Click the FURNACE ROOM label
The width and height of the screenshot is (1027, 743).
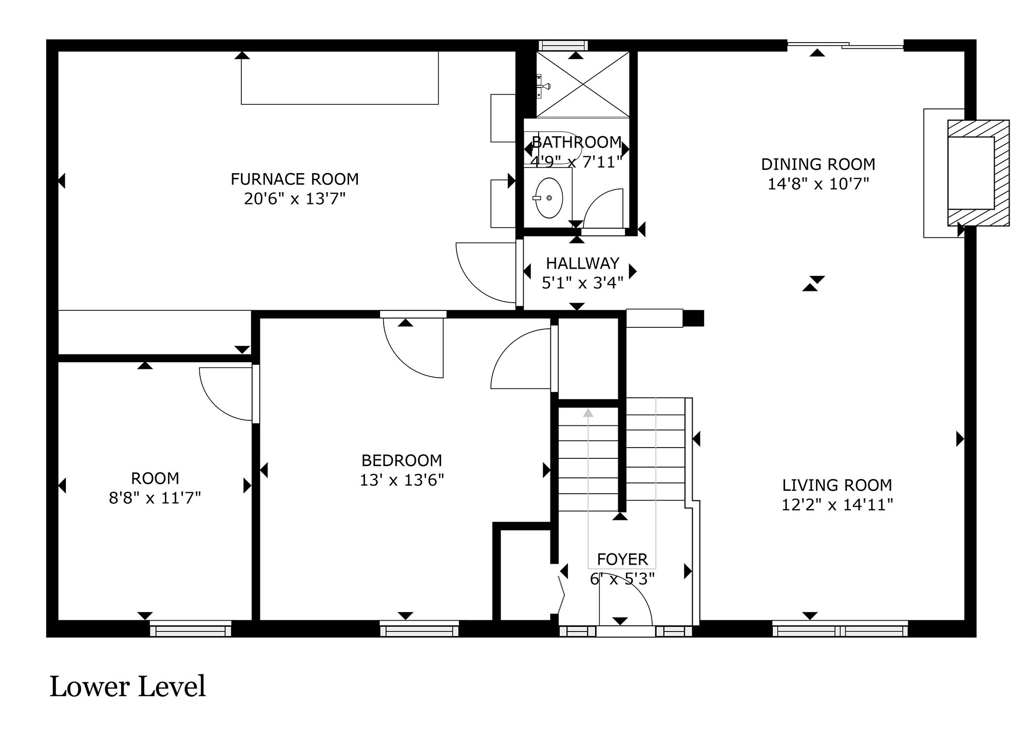point(294,179)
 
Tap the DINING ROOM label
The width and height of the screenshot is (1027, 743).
point(818,164)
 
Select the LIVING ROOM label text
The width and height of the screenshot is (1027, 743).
point(837,485)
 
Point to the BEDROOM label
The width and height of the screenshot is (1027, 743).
point(402,460)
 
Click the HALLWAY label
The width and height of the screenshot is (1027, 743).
point(582,264)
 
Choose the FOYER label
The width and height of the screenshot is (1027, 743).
point(622,559)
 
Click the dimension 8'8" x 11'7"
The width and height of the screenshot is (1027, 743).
point(155,498)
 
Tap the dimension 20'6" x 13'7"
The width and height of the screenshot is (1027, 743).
point(294,199)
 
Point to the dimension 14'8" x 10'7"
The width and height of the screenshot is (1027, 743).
point(818,184)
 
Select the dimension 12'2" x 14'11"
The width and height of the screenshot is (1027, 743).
point(837,505)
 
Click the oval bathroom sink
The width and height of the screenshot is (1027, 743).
point(549,198)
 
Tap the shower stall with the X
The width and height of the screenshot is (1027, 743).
point(582,84)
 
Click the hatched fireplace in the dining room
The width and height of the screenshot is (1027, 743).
point(978,173)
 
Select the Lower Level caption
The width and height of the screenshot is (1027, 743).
point(127,687)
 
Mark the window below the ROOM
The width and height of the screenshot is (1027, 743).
point(191,628)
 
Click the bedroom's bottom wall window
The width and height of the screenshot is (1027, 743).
point(419,628)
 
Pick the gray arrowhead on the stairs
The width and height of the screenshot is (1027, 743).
point(588,412)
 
